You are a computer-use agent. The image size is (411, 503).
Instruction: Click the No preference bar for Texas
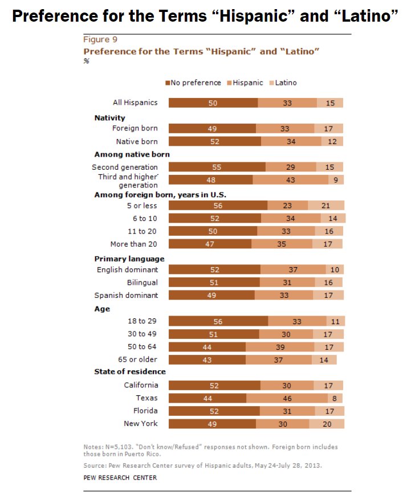coord(207,398)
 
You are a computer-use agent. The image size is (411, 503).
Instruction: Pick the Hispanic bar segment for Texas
coord(287,398)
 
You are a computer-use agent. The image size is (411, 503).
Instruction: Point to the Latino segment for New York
coord(327,424)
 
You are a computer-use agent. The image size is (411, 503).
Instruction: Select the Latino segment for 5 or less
coord(326,206)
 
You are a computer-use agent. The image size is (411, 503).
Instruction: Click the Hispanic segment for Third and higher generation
coord(290,180)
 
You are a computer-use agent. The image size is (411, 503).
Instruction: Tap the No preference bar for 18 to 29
coord(218,321)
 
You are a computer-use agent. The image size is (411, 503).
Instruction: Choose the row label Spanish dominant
coord(126,295)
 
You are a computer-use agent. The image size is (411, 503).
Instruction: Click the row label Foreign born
coord(135,129)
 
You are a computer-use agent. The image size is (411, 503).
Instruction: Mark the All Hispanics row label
coord(135,103)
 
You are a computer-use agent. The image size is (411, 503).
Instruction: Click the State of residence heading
coord(130,372)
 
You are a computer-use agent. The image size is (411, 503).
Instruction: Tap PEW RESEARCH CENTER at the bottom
coord(120,477)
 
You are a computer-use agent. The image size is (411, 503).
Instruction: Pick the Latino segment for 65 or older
coord(324,359)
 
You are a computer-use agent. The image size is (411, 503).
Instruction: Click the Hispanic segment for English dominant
coord(293,269)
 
